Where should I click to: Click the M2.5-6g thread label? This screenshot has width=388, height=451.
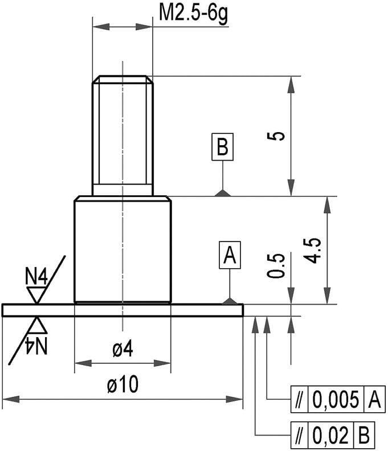(193, 12)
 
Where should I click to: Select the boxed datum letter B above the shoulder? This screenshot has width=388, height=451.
(222, 147)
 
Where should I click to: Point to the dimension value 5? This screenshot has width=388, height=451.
(277, 136)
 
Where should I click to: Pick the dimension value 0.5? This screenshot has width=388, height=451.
(276, 265)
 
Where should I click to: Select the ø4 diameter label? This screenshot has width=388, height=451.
(122, 350)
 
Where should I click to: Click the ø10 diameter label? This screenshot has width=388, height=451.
(122, 386)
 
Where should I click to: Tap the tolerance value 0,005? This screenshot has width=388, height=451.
(336, 400)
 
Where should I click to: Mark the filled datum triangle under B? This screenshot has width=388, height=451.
(223, 193)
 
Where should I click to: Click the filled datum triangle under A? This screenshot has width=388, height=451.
(230, 301)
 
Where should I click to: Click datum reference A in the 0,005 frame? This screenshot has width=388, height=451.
(373, 400)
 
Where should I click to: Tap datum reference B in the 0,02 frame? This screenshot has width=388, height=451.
(364, 436)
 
